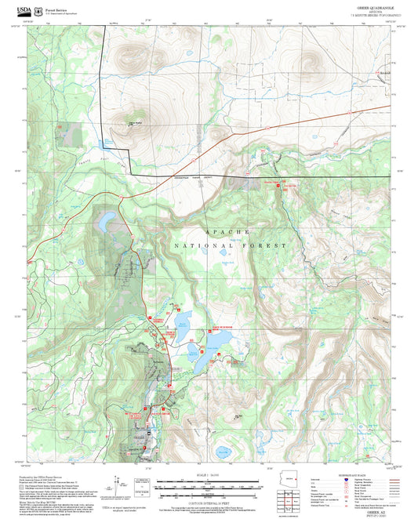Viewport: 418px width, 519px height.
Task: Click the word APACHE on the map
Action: coord(227,233)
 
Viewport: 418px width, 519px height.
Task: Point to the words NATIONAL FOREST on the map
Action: coord(235,245)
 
